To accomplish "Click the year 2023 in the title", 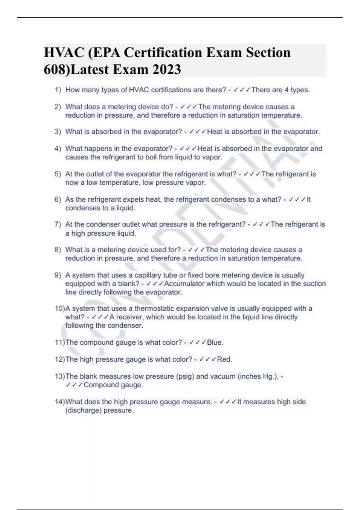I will (166, 70).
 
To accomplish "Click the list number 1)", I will (58, 90).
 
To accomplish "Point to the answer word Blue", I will (215, 343).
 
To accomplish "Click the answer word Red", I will (224, 359).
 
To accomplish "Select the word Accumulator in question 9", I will (184, 284).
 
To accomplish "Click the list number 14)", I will (60, 402).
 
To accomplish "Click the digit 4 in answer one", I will (286, 90).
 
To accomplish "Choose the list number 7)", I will (58, 224).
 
